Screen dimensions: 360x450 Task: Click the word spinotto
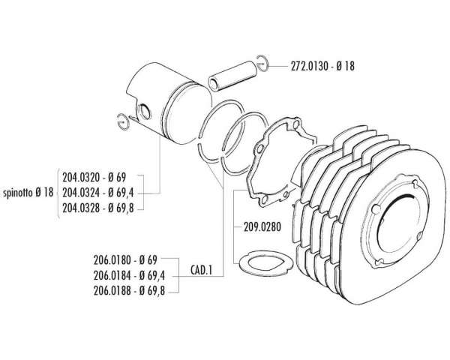(19, 192)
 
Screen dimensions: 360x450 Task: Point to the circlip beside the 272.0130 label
(262, 63)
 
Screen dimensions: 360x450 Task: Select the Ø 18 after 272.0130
(346, 66)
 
